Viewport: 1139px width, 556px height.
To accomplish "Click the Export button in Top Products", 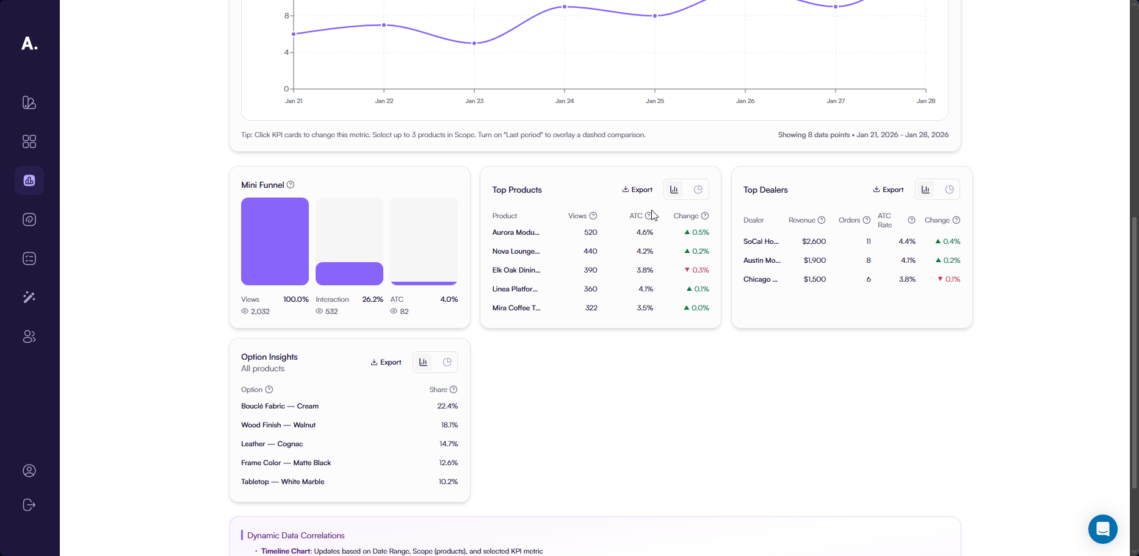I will [637, 190].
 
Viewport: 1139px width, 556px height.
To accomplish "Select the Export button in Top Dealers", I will [888, 190].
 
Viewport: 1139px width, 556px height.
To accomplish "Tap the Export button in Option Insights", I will [386, 362].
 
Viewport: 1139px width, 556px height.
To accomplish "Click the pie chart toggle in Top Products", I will [698, 190].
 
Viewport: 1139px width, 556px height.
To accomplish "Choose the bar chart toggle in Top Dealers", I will [925, 190].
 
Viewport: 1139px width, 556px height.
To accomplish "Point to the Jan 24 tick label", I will [565, 101].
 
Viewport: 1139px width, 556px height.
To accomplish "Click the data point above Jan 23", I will [474, 43].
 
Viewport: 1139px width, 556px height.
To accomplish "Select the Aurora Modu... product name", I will [516, 232].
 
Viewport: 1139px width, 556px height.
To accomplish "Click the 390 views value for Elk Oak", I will [590, 270].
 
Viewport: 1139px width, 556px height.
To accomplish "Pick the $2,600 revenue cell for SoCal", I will [814, 241].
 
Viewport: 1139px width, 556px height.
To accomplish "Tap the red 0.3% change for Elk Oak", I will [697, 270].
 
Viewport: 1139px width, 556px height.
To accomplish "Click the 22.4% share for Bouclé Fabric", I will [447, 406].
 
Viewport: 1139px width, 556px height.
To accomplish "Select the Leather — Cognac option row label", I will [272, 444].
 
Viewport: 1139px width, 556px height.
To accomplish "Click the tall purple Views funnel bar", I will [275, 241].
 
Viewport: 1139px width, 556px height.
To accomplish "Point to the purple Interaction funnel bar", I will [349, 274].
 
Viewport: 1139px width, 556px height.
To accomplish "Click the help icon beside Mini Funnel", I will [291, 185].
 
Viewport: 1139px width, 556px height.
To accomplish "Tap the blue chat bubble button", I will [1102, 529].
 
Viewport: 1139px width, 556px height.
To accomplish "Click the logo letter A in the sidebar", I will [29, 43].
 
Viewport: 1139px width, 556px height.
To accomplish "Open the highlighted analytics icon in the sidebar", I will [29, 180].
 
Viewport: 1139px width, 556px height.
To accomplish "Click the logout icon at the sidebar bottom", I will [29, 505].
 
